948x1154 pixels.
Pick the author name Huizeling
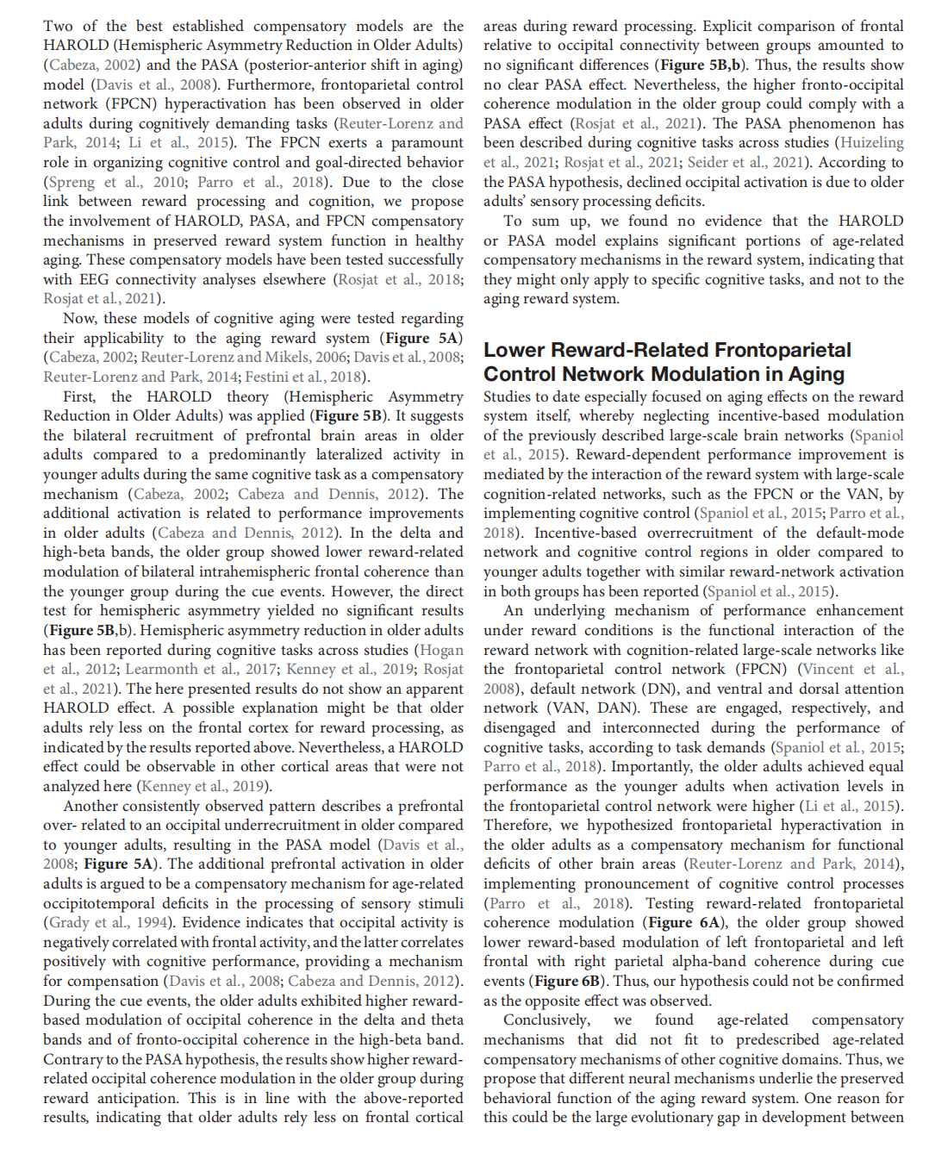click(x=871, y=142)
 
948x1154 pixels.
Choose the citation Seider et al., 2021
click(x=745, y=162)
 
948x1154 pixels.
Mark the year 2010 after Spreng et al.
click(x=169, y=182)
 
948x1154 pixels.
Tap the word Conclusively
click(x=546, y=1020)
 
